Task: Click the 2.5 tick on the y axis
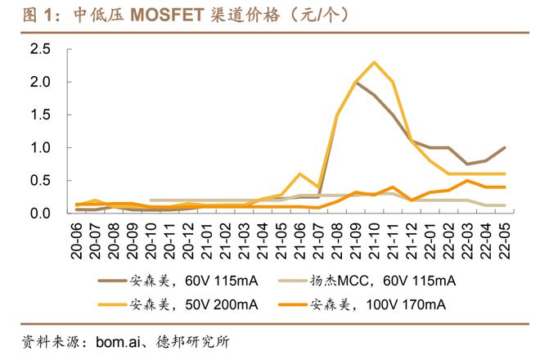point(40,49)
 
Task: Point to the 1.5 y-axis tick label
point(40,115)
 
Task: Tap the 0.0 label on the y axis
point(40,214)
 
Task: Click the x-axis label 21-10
point(375,239)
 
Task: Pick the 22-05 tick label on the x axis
point(504,239)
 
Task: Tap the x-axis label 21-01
point(209,239)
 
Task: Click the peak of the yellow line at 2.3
point(374,62)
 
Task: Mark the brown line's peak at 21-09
point(356,82)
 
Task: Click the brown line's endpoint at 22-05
point(504,147)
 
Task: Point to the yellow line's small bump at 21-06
point(299,173)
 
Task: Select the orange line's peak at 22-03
point(467,181)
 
